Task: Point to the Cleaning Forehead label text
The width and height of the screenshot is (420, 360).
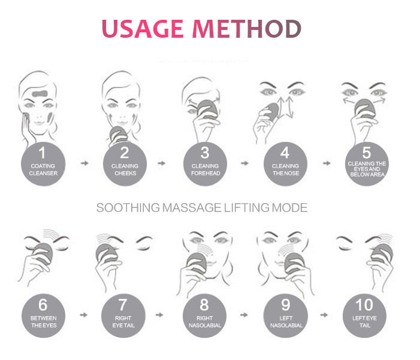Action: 205,170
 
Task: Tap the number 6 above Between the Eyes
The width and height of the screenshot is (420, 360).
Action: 43,304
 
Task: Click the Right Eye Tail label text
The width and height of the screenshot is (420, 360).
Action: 125,322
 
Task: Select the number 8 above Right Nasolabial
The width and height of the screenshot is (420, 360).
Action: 205,304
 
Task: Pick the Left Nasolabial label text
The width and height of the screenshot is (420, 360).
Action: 286,322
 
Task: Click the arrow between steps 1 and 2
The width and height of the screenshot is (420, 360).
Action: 84,162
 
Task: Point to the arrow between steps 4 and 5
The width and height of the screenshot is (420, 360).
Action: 326,162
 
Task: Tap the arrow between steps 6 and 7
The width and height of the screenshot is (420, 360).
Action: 84,313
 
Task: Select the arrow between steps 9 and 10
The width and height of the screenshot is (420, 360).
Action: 326,313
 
